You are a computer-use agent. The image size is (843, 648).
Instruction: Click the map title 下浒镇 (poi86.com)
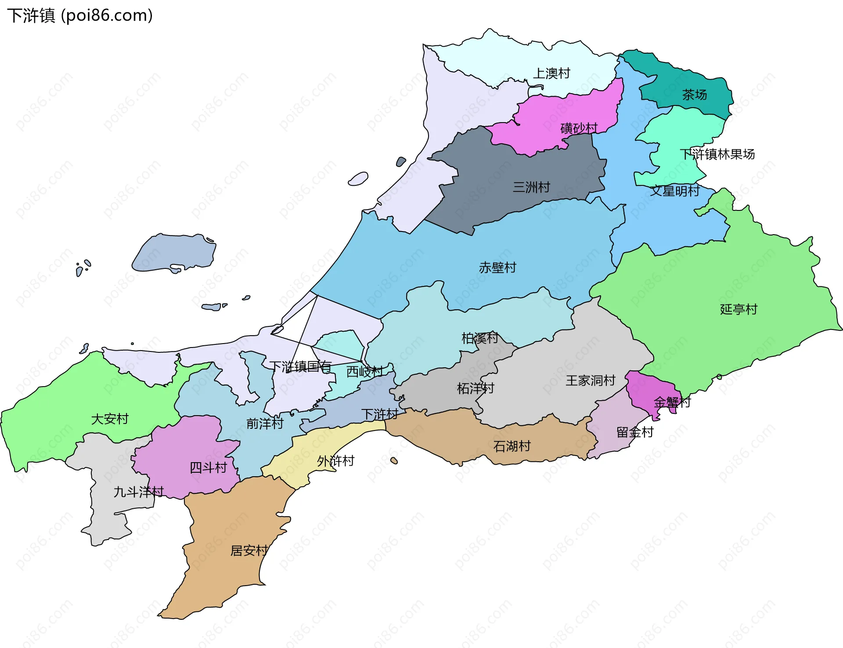pos(80,15)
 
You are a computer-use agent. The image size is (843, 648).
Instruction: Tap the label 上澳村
pos(551,73)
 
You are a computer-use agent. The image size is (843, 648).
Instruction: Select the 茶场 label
pos(694,95)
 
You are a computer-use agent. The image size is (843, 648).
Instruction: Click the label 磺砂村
pos(579,128)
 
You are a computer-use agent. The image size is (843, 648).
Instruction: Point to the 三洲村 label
pos(531,188)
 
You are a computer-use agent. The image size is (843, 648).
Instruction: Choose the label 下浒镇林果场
pos(717,154)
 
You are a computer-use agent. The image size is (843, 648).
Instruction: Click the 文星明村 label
pos(675,191)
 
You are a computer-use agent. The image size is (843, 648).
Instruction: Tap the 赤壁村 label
pos(497,268)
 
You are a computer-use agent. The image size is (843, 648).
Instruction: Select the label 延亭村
pos(739,309)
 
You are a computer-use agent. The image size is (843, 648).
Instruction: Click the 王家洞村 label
pos(590,380)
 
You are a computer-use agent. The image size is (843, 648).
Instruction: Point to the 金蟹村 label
pos(672,402)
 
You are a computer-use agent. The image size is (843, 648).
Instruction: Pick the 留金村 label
pos(635,432)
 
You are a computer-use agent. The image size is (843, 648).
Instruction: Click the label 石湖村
pos(512,446)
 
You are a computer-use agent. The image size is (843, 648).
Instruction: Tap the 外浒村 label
pos(335,461)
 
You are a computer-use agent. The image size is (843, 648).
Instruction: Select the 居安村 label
pos(249,550)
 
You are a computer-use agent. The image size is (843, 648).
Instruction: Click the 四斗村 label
pos(208,467)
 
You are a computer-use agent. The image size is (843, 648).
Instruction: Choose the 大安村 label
pos(110,419)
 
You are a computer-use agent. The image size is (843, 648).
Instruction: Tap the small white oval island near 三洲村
pos(358,179)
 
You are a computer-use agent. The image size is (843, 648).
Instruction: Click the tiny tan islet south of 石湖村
pos(394,460)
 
